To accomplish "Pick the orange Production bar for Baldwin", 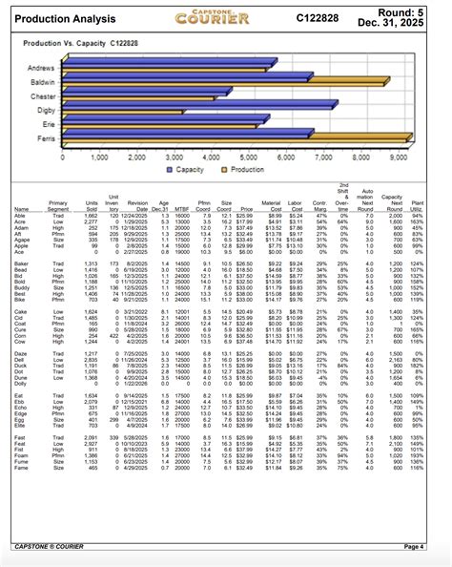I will tap(229, 89).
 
